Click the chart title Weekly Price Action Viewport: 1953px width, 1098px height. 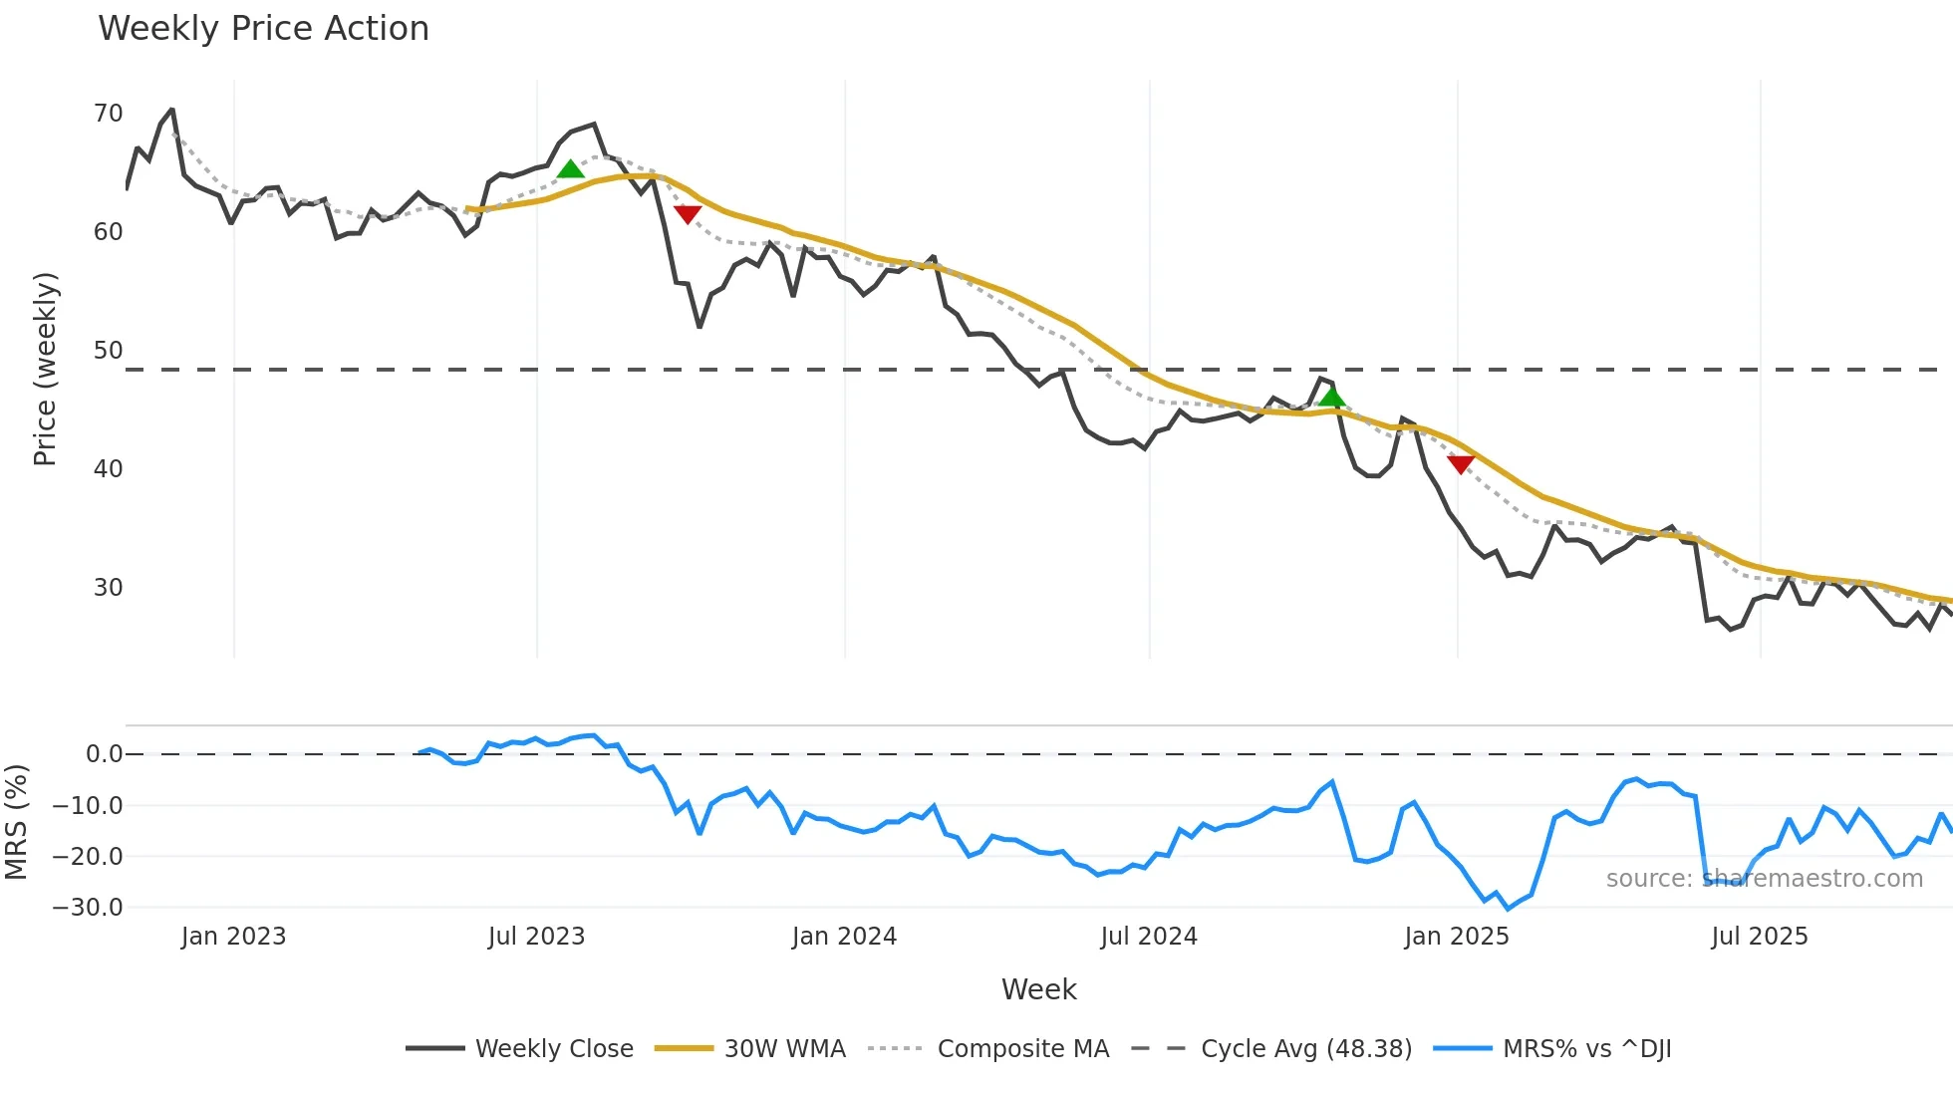[x=263, y=29]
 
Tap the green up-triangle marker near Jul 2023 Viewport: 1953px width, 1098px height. [x=570, y=169]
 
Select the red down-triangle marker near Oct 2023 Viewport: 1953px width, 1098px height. [x=688, y=213]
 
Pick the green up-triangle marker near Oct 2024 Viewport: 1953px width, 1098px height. [x=1332, y=399]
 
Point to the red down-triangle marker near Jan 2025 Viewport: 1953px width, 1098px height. [x=1461, y=464]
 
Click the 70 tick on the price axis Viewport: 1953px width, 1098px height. [x=108, y=114]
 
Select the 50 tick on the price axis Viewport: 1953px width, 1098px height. [x=108, y=351]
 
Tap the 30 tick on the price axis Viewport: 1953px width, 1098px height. [x=108, y=588]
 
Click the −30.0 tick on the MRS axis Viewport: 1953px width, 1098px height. [x=88, y=908]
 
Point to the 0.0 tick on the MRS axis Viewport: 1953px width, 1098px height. [x=104, y=754]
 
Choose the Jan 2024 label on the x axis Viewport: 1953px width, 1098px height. [x=844, y=937]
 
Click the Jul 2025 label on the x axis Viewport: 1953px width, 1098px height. [x=1759, y=937]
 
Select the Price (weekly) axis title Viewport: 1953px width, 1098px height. [x=46, y=369]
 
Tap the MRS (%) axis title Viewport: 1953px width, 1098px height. [x=16, y=822]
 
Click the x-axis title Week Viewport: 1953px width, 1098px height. [x=1038, y=989]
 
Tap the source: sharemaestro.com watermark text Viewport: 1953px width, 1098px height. [x=1764, y=879]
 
